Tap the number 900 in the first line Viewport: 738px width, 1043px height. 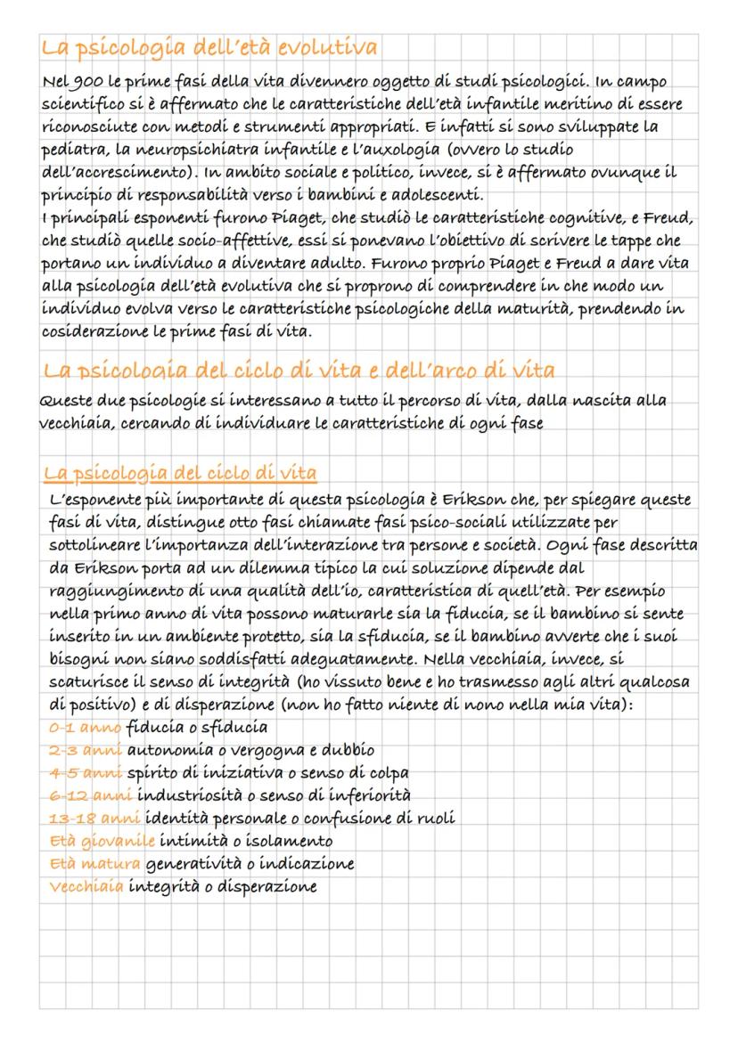pos(80,83)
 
